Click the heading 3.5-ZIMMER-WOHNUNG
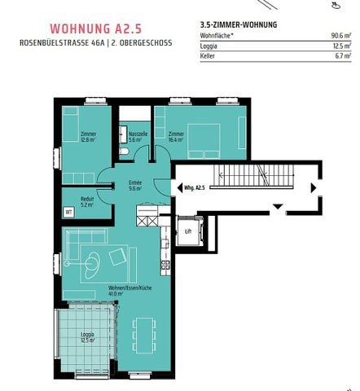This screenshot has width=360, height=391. click(239, 24)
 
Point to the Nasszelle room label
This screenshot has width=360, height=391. click(137, 135)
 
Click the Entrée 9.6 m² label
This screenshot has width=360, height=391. click(134, 186)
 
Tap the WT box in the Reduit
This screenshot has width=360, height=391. click(68, 212)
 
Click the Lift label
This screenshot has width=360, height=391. click(188, 231)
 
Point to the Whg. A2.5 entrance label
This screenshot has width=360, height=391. click(194, 187)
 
